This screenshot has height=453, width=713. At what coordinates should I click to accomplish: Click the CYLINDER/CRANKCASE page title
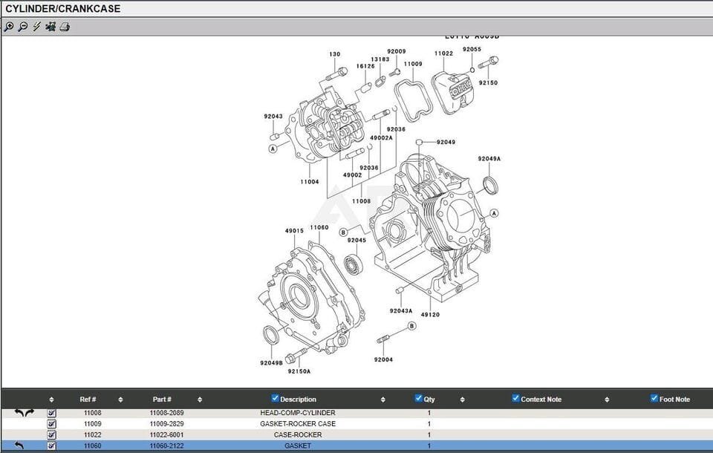tap(62, 9)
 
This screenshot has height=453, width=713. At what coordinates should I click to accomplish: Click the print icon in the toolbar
tap(65, 27)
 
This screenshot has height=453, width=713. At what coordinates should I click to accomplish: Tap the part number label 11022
tap(443, 53)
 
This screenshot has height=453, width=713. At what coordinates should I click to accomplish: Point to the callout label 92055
tap(472, 50)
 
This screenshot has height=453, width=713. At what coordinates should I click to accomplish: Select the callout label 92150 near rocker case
tap(488, 83)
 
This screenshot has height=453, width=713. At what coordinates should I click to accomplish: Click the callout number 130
tap(335, 54)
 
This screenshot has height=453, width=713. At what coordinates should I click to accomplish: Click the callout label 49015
tap(294, 231)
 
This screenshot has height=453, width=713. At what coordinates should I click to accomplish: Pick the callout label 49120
tap(430, 315)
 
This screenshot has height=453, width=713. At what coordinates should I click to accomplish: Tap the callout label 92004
tap(383, 359)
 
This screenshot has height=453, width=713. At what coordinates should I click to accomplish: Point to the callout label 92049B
tap(271, 363)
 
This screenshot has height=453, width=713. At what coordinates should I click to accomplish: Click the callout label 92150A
tap(299, 371)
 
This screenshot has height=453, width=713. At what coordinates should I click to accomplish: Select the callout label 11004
tap(310, 182)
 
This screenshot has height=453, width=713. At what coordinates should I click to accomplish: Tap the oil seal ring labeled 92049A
tap(490, 184)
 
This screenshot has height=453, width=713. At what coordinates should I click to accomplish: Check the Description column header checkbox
tap(276, 399)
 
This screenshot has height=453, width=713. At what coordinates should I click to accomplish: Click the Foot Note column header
tap(674, 400)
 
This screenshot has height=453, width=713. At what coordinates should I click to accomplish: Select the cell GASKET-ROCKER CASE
tap(297, 424)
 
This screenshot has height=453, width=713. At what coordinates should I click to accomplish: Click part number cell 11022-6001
tap(167, 435)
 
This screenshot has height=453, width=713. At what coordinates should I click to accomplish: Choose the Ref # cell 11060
tap(93, 446)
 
